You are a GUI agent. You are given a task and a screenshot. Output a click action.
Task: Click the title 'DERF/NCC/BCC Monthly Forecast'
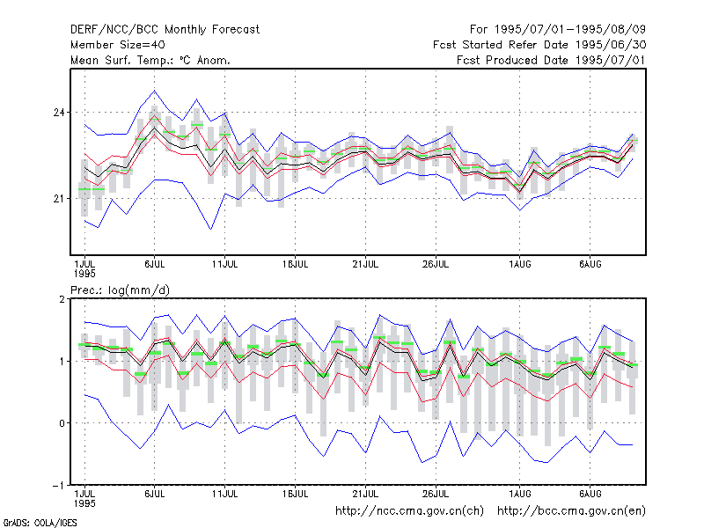pos(165,30)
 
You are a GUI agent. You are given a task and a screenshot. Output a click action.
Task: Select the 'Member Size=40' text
pos(118,45)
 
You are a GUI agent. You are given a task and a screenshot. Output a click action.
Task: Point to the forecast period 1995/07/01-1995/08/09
pos(569,30)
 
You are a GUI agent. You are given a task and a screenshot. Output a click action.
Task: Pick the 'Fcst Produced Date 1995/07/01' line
pos(551,60)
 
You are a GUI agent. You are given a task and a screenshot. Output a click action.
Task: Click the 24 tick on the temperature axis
pos(59,113)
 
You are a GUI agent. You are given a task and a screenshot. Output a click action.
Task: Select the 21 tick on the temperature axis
pos(59,199)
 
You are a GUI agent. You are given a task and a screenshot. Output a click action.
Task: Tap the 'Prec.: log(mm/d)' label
pos(120,290)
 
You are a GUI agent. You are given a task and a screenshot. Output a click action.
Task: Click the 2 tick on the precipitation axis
pos(62,299)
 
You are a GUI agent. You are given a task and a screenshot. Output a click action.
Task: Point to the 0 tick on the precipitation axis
pos(62,423)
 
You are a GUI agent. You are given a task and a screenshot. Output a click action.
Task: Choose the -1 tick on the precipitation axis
pos(58,486)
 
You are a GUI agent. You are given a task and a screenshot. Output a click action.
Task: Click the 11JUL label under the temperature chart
pos(225,265)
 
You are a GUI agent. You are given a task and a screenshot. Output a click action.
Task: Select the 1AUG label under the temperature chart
pos(520,265)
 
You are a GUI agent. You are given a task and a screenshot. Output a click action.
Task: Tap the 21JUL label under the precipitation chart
pos(365,494)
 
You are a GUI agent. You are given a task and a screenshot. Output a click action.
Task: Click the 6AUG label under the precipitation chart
pos(590,494)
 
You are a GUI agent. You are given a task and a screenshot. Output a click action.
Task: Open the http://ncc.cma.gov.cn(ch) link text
pos(409,511)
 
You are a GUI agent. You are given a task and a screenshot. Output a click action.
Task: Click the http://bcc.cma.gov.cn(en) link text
pos(571,511)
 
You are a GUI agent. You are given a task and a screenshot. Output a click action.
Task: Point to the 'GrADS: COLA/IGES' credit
pos(40,523)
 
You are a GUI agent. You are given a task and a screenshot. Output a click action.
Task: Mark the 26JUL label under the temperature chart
pos(436,265)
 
